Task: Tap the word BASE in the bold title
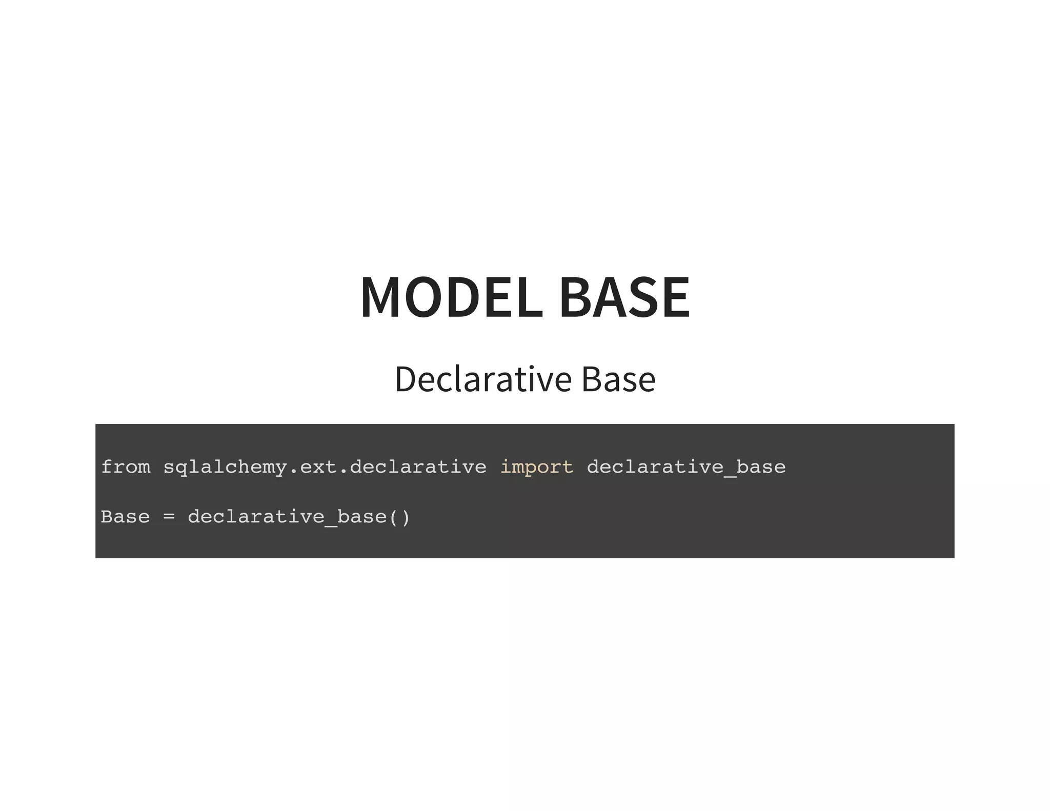click(624, 297)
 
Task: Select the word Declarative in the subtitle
click(482, 379)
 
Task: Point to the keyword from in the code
click(126, 467)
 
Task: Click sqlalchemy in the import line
click(225, 468)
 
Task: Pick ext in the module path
click(318, 467)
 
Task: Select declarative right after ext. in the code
click(418, 467)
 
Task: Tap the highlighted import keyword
click(537, 468)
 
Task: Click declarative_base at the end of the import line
click(686, 467)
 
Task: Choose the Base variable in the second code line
click(126, 517)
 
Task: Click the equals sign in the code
click(169, 517)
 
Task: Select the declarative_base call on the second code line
click(287, 517)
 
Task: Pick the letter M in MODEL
click(380, 297)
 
